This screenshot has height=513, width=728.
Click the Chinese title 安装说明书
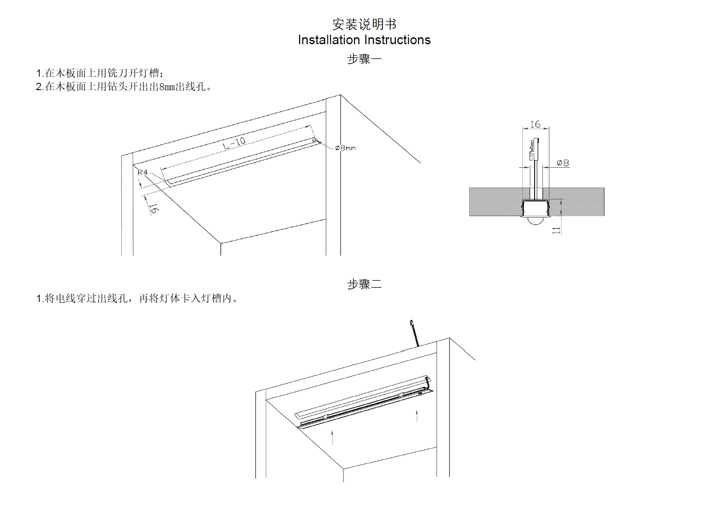pyautogui.click(x=364, y=24)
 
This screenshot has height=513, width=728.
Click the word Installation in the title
pyautogui.click(x=329, y=40)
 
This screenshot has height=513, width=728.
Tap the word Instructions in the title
pyautogui.click(x=398, y=40)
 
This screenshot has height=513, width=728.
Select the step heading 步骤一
pyautogui.click(x=364, y=59)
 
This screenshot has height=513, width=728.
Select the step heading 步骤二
pyautogui.click(x=364, y=284)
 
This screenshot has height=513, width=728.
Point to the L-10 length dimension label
pyautogui.click(x=234, y=143)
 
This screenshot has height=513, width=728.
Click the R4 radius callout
pyautogui.click(x=143, y=172)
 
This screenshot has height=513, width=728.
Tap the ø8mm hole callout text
pyautogui.click(x=346, y=148)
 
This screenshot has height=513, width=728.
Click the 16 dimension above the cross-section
pyautogui.click(x=535, y=124)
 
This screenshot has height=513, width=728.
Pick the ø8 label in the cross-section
pyautogui.click(x=563, y=163)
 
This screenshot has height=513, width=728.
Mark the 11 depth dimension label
pyautogui.click(x=556, y=231)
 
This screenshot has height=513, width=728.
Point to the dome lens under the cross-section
pyautogui.click(x=536, y=221)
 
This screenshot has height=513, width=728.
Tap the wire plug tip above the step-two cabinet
pyautogui.click(x=411, y=323)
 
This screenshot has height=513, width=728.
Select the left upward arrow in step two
pyautogui.click(x=333, y=437)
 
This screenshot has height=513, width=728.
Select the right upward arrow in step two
pyautogui.click(x=417, y=416)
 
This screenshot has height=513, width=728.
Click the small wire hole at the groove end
pyautogui.click(x=315, y=140)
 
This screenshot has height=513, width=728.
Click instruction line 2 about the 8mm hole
pyautogui.click(x=124, y=87)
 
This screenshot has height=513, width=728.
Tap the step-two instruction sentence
pyautogui.click(x=137, y=299)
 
